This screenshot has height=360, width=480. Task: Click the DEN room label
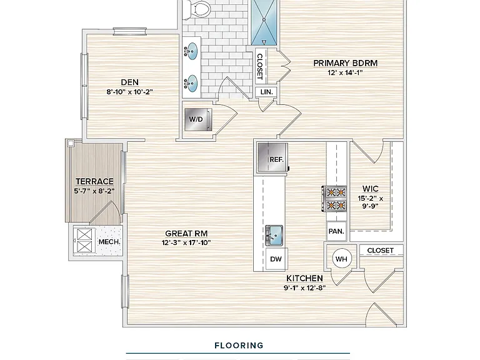(x=130, y=82)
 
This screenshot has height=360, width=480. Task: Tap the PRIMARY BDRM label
(x=345, y=63)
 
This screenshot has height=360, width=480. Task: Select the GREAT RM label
(x=186, y=234)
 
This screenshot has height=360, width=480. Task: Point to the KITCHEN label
(x=304, y=278)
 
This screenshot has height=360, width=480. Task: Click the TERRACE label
(x=94, y=181)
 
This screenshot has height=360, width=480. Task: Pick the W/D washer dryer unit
(x=198, y=119)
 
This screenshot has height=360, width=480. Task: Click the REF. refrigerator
(x=272, y=157)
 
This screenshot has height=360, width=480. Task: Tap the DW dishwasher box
(x=276, y=259)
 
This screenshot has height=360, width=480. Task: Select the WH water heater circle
(x=342, y=259)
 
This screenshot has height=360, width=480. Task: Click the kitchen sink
(x=274, y=235)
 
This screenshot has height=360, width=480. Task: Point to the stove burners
(x=334, y=199)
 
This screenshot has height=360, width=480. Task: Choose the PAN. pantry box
(x=336, y=231)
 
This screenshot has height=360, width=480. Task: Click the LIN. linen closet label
(x=267, y=92)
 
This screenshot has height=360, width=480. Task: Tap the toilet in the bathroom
(x=198, y=9)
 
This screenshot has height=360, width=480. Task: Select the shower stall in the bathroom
(x=264, y=22)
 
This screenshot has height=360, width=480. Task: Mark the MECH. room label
(x=109, y=242)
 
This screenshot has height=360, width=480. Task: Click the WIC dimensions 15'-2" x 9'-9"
(x=371, y=202)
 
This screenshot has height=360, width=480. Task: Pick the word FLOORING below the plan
(x=239, y=346)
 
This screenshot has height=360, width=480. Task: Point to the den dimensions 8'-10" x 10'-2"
(x=130, y=92)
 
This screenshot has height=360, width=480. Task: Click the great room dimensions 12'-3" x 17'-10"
(x=186, y=242)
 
